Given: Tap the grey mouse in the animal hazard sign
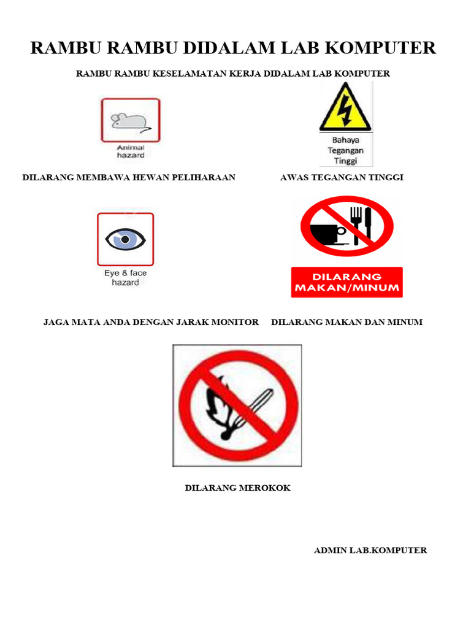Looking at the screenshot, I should click(x=129, y=121).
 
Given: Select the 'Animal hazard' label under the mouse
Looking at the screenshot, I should click(x=130, y=151).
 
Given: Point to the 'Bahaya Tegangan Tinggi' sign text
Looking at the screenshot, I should click(x=345, y=150).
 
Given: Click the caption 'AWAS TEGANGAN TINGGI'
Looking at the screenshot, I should click(x=342, y=178).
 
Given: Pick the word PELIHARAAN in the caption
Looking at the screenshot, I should click(x=206, y=178).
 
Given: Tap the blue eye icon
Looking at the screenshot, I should click(x=125, y=239).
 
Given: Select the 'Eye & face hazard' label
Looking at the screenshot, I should click(x=125, y=278).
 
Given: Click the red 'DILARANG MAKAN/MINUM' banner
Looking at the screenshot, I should click(x=347, y=282).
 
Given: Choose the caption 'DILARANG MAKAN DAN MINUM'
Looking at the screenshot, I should click(x=347, y=322).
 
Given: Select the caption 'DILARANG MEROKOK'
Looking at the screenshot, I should click(x=237, y=488).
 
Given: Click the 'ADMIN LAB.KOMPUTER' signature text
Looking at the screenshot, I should click(x=370, y=550).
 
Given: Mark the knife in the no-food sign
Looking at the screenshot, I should click(x=367, y=226).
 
